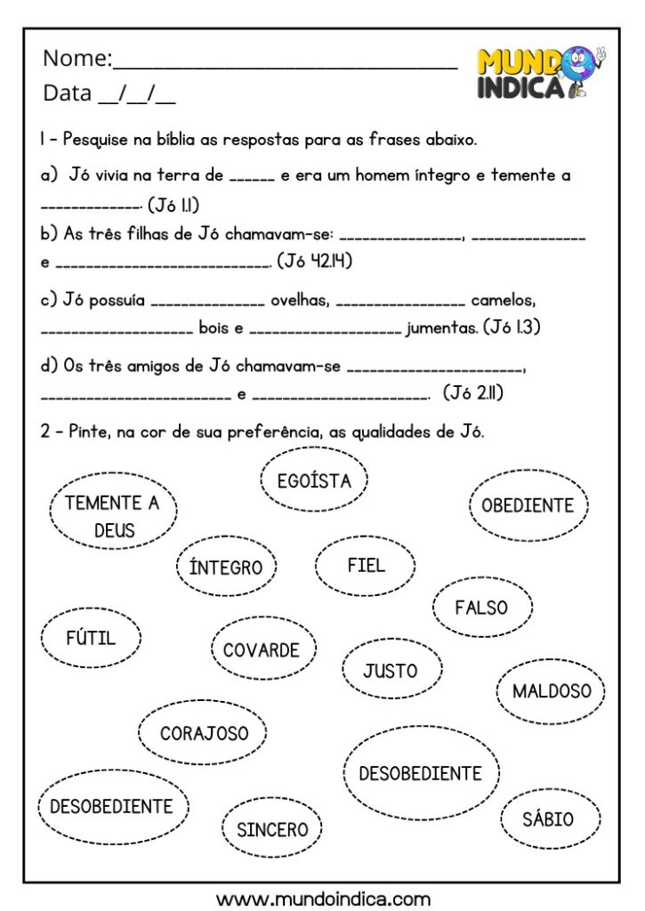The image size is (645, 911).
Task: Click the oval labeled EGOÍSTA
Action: pos(314,480)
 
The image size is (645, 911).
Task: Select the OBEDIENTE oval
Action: pos(528,504)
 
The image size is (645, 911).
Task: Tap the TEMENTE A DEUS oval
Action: pos(113,516)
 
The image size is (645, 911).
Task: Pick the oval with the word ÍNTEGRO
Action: pos(226,567)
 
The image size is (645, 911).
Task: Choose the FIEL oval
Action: pos(366,565)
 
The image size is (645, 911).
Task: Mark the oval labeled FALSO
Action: pos(481,608)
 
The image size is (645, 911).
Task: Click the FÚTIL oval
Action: pos(91,637)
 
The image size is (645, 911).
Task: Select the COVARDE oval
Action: pos(261,649)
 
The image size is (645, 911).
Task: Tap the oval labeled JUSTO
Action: pos(390,670)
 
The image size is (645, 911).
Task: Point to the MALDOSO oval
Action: pos(551,690)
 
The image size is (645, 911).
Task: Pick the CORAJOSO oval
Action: pos(204,733)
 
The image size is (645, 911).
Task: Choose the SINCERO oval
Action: pos(272,829)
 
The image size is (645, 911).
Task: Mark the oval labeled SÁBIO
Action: pos(549,818)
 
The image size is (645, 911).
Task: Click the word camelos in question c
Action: pos(504,301)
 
